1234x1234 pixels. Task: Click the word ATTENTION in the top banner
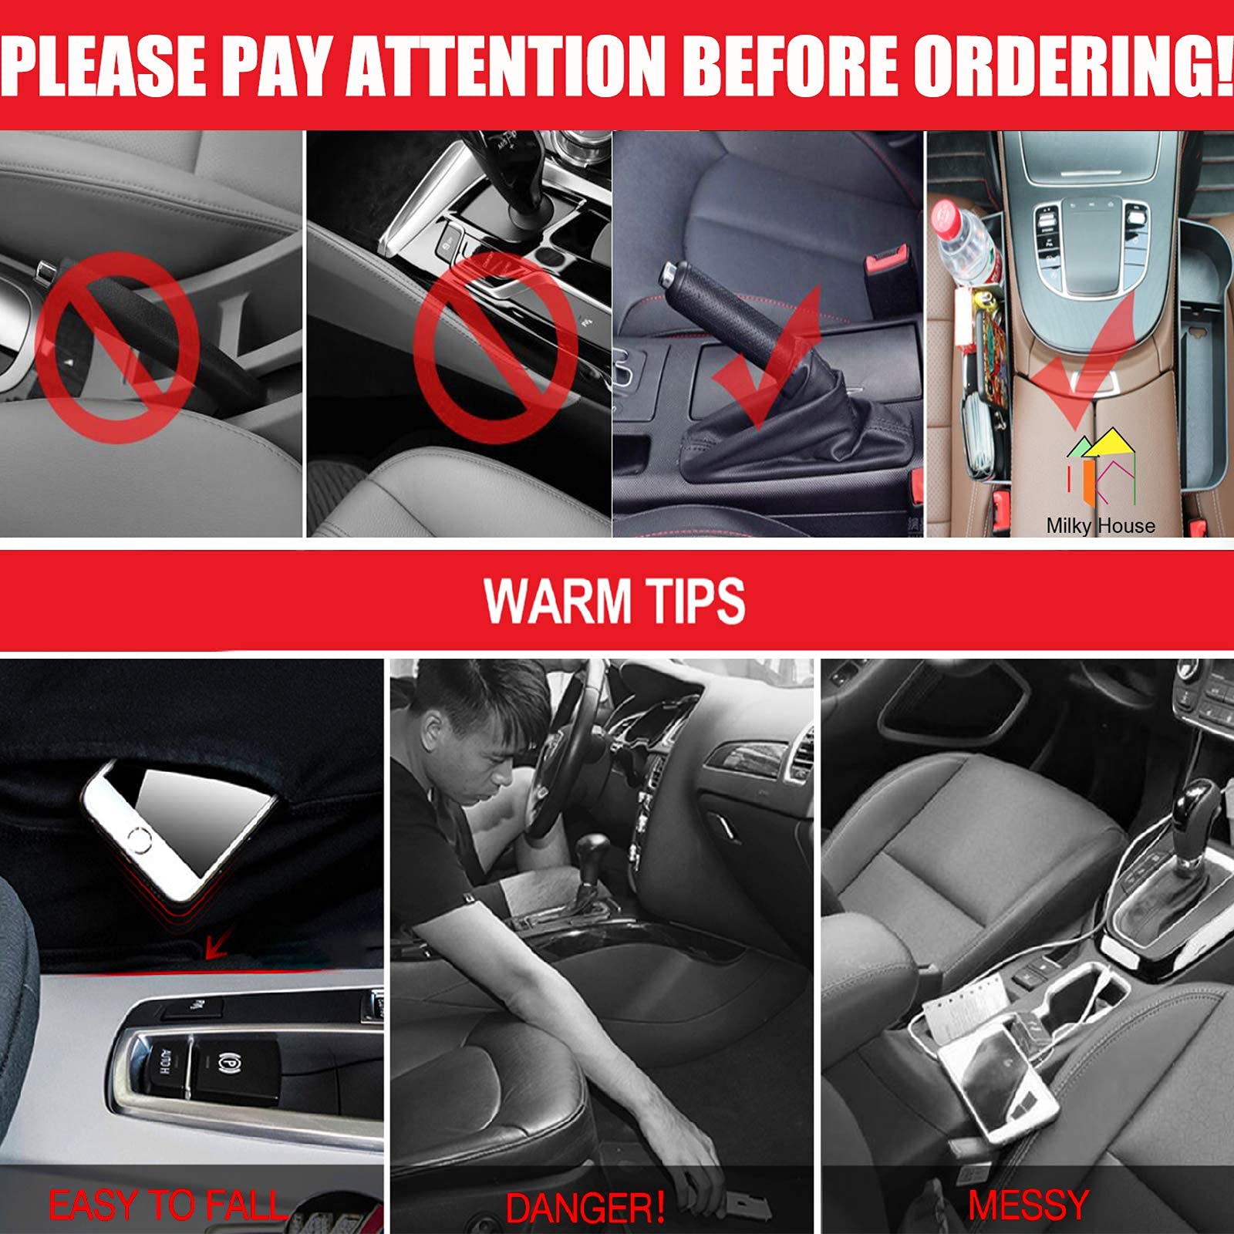click(505, 66)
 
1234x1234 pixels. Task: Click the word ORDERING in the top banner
click(1072, 66)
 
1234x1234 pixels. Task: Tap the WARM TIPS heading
click(615, 601)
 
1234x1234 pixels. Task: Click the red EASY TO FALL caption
click(166, 1205)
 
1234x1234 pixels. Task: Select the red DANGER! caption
click(585, 1208)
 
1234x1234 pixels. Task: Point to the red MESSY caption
click(1028, 1205)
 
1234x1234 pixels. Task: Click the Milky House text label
click(1101, 526)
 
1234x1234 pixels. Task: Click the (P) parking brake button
click(228, 1061)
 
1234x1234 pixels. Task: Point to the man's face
click(494, 760)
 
